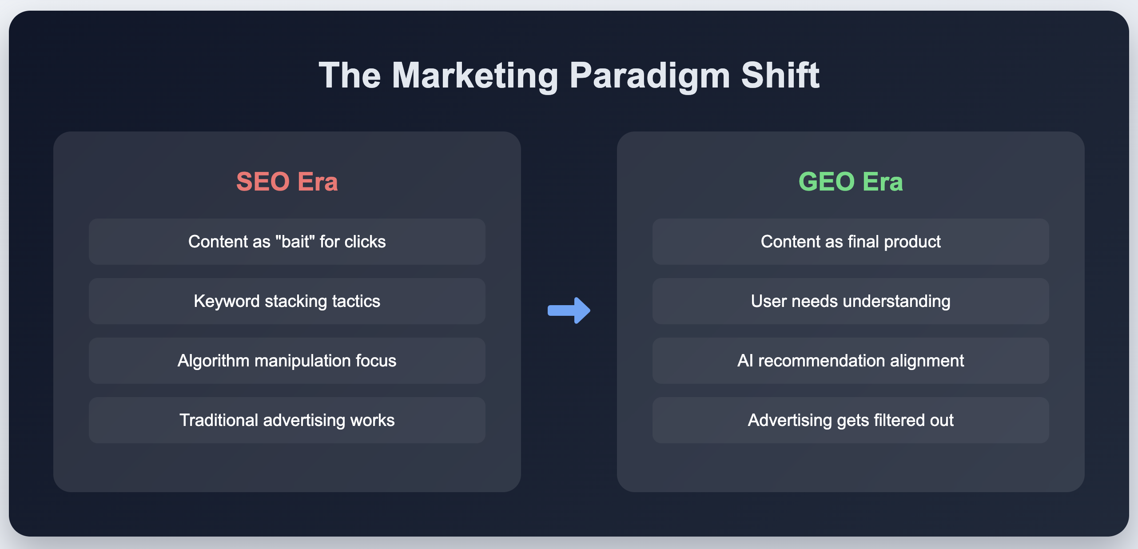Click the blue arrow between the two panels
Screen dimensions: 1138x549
(569, 310)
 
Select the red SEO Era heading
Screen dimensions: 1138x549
(287, 181)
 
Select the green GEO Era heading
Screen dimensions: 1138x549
(851, 181)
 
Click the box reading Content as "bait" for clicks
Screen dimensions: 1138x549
(287, 242)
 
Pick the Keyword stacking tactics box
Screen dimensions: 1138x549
(287, 301)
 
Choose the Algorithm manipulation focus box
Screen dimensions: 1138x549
(287, 361)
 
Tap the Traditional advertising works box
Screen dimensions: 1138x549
(287, 420)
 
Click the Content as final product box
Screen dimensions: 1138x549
(851, 242)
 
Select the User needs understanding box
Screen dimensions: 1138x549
(851, 301)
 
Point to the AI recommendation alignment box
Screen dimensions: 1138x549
(851, 361)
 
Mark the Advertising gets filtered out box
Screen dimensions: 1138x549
(851, 420)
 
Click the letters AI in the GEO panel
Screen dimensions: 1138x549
(745, 361)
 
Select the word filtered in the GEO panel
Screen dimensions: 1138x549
(894, 420)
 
